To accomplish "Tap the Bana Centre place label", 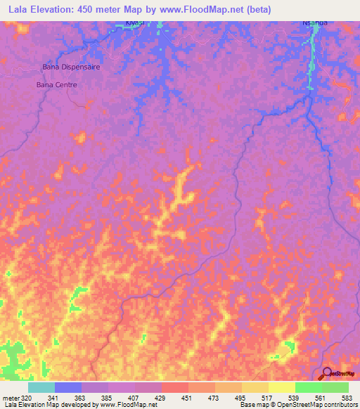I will (56, 84).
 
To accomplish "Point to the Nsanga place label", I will (315, 22).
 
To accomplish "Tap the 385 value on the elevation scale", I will (121, 398).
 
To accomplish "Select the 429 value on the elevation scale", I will (174, 398).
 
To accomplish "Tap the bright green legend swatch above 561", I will (308, 387).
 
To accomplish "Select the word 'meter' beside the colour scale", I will (11, 398).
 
